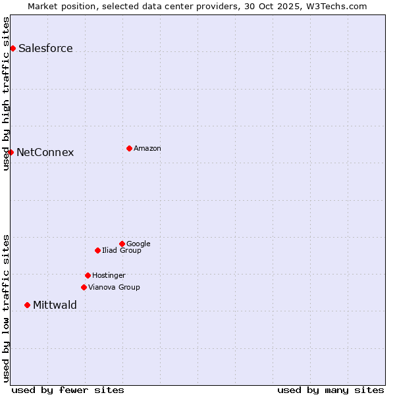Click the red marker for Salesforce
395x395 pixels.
[13, 48]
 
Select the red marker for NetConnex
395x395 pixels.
[11, 152]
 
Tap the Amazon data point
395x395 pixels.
[129, 148]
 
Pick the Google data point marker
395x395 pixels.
[122, 244]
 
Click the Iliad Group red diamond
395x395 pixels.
[97, 250]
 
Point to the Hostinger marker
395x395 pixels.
[88, 275]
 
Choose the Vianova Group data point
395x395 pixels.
[84, 287]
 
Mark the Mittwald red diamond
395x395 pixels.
[27, 305]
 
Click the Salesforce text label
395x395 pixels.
[45, 48]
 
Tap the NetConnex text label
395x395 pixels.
[45, 152]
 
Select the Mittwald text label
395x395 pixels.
[55, 305]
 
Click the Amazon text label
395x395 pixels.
[147, 148]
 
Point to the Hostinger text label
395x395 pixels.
[109, 275]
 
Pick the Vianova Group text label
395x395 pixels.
[114, 287]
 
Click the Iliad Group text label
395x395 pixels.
[122, 250]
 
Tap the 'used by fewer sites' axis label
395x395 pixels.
[68, 390]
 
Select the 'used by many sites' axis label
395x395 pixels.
[330, 390]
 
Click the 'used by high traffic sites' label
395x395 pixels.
[6, 93]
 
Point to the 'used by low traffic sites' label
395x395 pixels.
[6, 307]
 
